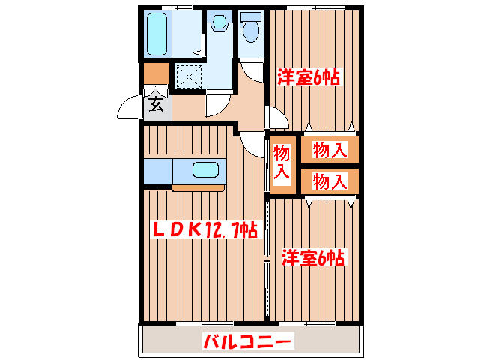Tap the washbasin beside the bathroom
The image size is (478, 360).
point(219,23)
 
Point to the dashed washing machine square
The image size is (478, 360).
point(189,76)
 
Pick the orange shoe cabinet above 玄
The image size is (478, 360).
point(156,73)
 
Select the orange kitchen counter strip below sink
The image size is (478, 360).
point(198,187)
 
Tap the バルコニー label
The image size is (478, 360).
point(247,343)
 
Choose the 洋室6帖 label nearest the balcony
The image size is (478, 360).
point(312,258)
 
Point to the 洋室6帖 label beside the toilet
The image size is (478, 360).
point(309,76)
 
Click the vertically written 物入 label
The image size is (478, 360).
point(282,163)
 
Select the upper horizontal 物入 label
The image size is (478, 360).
point(330,151)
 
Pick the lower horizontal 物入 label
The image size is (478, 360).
point(330,181)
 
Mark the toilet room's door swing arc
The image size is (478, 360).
point(254,74)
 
